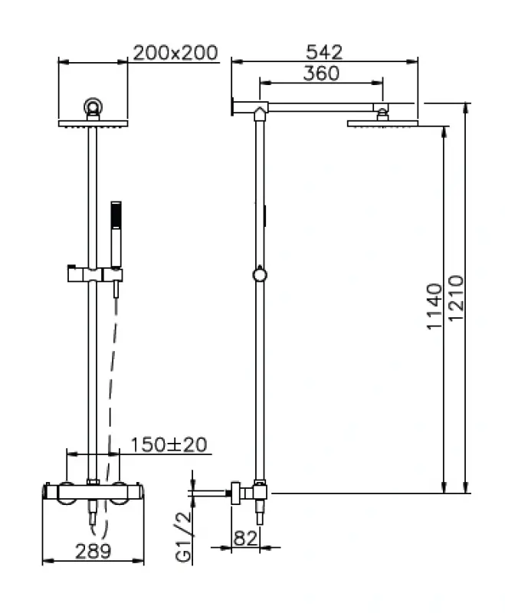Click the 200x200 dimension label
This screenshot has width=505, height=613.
point(175,53)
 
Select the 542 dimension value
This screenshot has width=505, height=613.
point(326,52)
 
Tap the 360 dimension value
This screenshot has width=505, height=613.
point(321,73)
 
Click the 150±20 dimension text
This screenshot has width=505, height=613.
point(167,445)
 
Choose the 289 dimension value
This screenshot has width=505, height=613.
point(93,549)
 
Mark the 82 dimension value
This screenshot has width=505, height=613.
point(245,538)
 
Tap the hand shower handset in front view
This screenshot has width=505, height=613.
point(116,234)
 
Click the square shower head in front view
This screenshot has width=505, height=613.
point(93,123)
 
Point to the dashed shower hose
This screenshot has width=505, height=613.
point(112,383)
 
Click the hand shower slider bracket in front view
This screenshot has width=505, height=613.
point(91,273)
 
